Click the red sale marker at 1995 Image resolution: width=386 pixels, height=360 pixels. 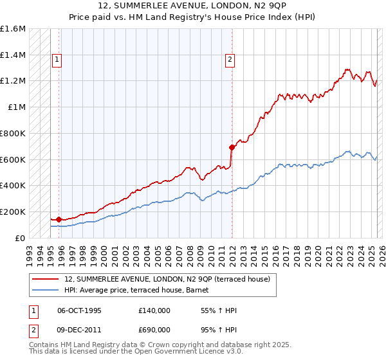(x=59, y=219)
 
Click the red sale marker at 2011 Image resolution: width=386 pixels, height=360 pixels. (x=231, y=147)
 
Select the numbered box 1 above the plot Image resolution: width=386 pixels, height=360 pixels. (x=57, y=60)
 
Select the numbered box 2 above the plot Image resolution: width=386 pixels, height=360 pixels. (x=229, y=60)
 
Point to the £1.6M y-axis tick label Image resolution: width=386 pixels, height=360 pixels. (x=13, y=29)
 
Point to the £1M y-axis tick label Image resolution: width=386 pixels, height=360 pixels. (x=17, y=107)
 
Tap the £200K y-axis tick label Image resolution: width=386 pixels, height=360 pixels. (x=13, y=212)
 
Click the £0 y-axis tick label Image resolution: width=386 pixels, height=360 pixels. (x=20, y=238)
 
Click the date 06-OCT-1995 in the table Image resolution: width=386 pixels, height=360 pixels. (x=79, y=310)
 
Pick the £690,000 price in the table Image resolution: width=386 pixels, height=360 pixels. (x=154, y=330)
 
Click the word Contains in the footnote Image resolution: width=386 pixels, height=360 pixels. (x=44, y=345)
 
